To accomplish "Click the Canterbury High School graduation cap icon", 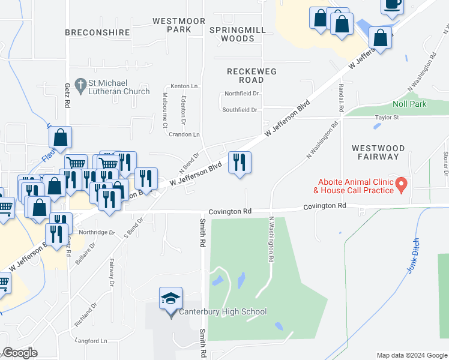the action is click(x=170, y=298).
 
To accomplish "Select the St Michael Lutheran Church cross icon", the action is click(x=80, y=84).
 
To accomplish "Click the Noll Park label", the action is click(x=409, y=104).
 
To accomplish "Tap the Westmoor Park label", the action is click(x=171, y=25).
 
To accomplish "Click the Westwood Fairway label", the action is click(x=378, y=152).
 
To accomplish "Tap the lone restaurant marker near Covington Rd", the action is click(x=240, y=162).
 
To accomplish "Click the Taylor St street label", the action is click(x=387, y=118).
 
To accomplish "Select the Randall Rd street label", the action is click(x=340, y=98).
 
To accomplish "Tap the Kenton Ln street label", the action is click(x=167, y=86).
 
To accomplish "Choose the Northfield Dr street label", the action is click(x=241, y=94).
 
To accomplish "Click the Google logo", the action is click(x=20, y=353).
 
